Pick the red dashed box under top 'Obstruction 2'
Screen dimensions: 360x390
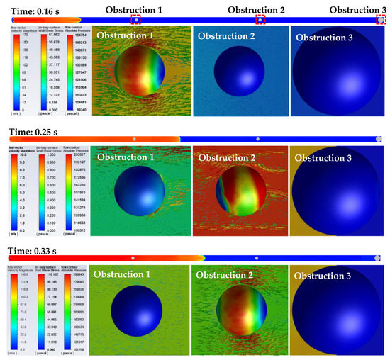260,20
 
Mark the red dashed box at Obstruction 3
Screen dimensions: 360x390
381,20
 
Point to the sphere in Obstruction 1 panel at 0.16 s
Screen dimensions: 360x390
142,73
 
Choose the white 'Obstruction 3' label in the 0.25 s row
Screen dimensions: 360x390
324,157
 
